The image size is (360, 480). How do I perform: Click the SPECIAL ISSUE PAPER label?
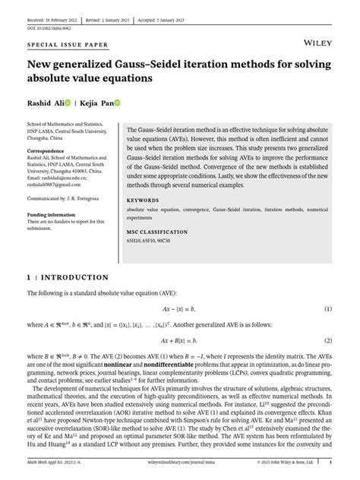58,46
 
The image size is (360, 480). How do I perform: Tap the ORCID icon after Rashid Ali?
68,103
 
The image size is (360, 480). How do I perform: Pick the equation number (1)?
329,309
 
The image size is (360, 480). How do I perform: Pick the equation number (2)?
329,341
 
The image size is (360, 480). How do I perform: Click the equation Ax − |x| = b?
180,309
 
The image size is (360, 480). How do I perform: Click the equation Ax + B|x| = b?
180,341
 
